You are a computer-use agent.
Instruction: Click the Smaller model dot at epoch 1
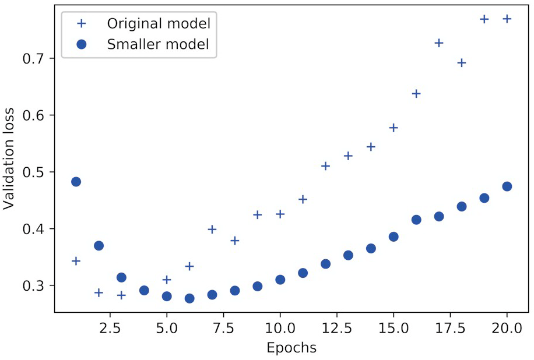[x=76, y=182]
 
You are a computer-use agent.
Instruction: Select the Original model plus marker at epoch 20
[x=507, y=19]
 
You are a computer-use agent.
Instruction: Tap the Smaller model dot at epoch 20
[x=507, y=186]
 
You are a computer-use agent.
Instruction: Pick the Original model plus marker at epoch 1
[x=76, y=260]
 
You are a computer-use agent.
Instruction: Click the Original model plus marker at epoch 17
[x=439, y=43]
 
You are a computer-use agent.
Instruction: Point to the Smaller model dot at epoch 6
[x=189, y=298]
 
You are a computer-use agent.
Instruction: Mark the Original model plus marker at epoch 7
[x=212, y=229]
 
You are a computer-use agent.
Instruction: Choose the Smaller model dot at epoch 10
[x=280, y=280]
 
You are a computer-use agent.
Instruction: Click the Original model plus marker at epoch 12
[x=325, y=166]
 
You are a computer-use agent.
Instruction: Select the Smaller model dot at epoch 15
[x=394, y=237]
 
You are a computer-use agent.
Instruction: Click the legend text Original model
[x=158, y=24]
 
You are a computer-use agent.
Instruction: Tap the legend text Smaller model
[x=157, y=44]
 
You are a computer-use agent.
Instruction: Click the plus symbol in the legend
[x=82, y=24]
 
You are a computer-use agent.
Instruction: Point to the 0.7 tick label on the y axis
[x=36, y=58]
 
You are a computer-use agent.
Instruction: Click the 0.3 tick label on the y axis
[x=36, y=286]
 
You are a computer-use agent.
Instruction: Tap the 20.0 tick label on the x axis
[x=507, y=329]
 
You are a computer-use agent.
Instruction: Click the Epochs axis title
[x=291, y=348]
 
